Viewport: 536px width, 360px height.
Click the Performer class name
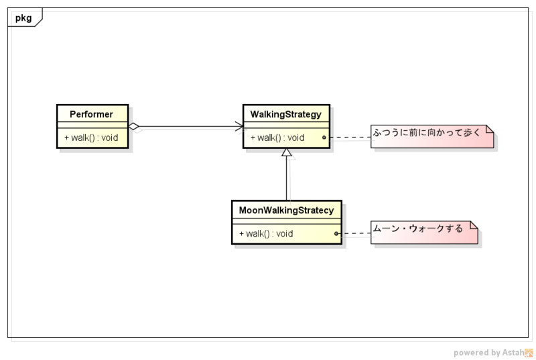tap(92, 115)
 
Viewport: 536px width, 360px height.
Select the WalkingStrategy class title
tap(286, 115)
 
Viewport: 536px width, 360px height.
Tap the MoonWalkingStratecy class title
tap(286, 211)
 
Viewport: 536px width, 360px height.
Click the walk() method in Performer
tap(91, 137)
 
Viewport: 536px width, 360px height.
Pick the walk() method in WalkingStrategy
tap(277, 137)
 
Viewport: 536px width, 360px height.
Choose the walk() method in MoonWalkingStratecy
tap(266, 233)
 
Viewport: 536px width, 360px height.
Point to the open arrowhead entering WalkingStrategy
tap(239, 126)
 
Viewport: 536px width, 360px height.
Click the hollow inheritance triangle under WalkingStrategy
tap(287, 154)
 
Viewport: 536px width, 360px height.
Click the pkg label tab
tap(23, 17)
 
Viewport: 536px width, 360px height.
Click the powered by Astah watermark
tap(493, 353)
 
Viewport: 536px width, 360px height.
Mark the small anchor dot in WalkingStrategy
tap(324, 137)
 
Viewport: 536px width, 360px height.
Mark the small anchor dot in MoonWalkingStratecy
tap(336, 233)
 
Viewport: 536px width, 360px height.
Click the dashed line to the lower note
tap(355, 233)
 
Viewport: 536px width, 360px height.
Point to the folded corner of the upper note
tap(490, 129)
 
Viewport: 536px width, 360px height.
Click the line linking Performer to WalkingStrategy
tap(188, 126)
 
